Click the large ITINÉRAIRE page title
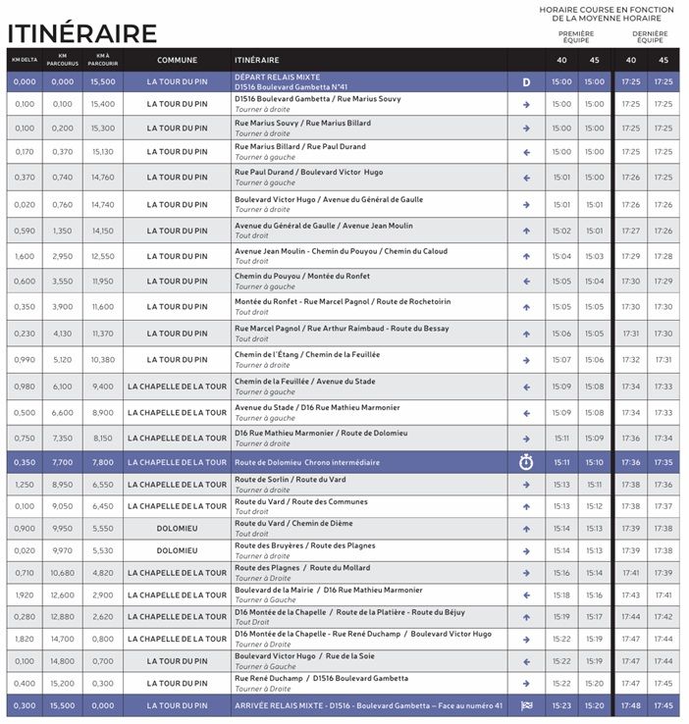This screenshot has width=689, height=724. (x=81, y=32)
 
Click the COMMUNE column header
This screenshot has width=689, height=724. (x=177, y=60)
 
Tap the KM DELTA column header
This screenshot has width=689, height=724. (x=25, y=60)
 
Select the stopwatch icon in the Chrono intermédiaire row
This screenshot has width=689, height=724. (x=525, y=462)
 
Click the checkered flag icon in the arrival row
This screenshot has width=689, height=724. (x=525, y=704)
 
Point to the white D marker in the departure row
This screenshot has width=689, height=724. (x=525, y=82)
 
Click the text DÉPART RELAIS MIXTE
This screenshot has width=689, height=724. (x=278, y=77)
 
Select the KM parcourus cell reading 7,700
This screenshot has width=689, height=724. (x=63, y=462)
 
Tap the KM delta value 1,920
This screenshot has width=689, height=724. (x=25, y=595)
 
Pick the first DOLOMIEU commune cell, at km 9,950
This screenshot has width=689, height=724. (x=177, y=529)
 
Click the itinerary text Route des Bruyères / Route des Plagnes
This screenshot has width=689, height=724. (x=304, y=544)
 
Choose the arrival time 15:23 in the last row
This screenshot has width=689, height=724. (x=561, y=704)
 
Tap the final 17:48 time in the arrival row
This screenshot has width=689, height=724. (x=631, y=704)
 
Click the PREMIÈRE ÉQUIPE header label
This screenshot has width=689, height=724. (x=576, y=36)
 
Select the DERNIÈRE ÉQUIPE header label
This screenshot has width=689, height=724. (x=649, y=36)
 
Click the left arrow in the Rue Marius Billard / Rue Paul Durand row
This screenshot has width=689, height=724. (x=525, y=152)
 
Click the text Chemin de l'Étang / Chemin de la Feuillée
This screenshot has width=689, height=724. (x=307, y=354)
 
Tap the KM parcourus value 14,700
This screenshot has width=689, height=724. (x=63, y=639)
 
